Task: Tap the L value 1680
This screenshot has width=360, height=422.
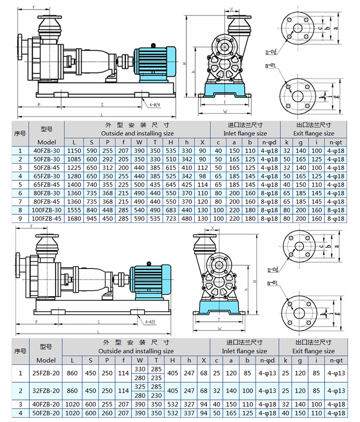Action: (x=74, y=219)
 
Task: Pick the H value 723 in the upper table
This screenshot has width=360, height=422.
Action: (x=171, y=219)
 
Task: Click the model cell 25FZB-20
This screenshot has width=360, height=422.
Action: (x=46, y=373)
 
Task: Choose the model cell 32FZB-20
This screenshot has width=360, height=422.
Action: (x=46, y=391)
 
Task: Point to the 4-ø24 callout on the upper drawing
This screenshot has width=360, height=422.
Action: (x=155, y=104)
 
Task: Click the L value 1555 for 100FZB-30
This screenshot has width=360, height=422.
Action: (x=74, y=210)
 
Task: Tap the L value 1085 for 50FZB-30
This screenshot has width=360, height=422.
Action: (x=74, y=159)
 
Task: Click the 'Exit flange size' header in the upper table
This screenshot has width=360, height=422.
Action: (x=313, y=133)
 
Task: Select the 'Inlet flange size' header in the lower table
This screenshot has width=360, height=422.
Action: (x=245, y=351)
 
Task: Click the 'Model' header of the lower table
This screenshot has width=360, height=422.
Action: (x=46, y=360)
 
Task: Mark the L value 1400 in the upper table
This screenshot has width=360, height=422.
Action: (x=74, y=185)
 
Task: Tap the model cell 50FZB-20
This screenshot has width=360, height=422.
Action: (x=46, y=413)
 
